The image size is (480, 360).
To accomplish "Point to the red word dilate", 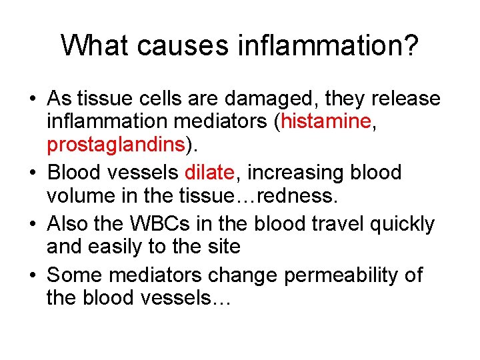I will click(x=209, y=172).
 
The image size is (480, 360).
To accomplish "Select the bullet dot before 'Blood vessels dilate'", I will click(x=32, y=173).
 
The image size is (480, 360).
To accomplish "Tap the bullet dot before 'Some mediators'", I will click(x=32, y=274).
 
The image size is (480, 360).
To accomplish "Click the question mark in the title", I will click(x=410, y=45).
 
